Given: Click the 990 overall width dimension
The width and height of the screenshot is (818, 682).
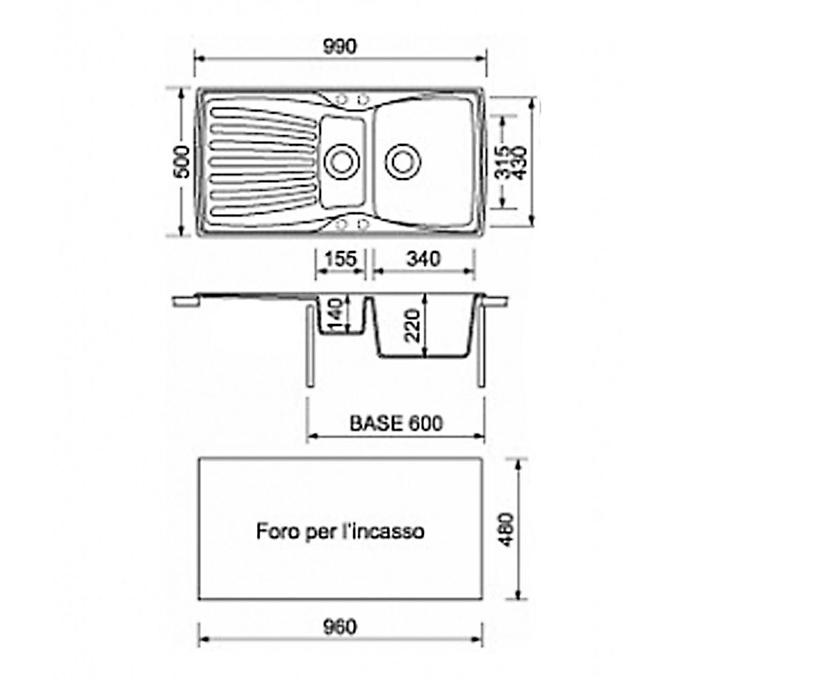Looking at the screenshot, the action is (x=340, y=46).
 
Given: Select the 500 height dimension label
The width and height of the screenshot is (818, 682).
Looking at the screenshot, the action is (x=182, y=162).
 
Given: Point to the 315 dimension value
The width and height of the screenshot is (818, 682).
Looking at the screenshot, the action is (x=502, y=162).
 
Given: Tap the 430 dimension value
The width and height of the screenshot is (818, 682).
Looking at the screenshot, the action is (x=519, y=163).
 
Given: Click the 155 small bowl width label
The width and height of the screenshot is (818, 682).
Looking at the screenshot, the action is (x=341, y=258).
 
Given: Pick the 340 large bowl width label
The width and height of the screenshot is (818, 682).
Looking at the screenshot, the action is (x=423, y=258).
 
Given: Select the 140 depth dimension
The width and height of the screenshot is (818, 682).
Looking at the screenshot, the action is (x=336, y=314).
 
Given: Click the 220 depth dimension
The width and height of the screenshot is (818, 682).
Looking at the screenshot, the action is (x=413, y=326).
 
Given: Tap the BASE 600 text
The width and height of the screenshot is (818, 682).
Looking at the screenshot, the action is (x=396, y=424).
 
